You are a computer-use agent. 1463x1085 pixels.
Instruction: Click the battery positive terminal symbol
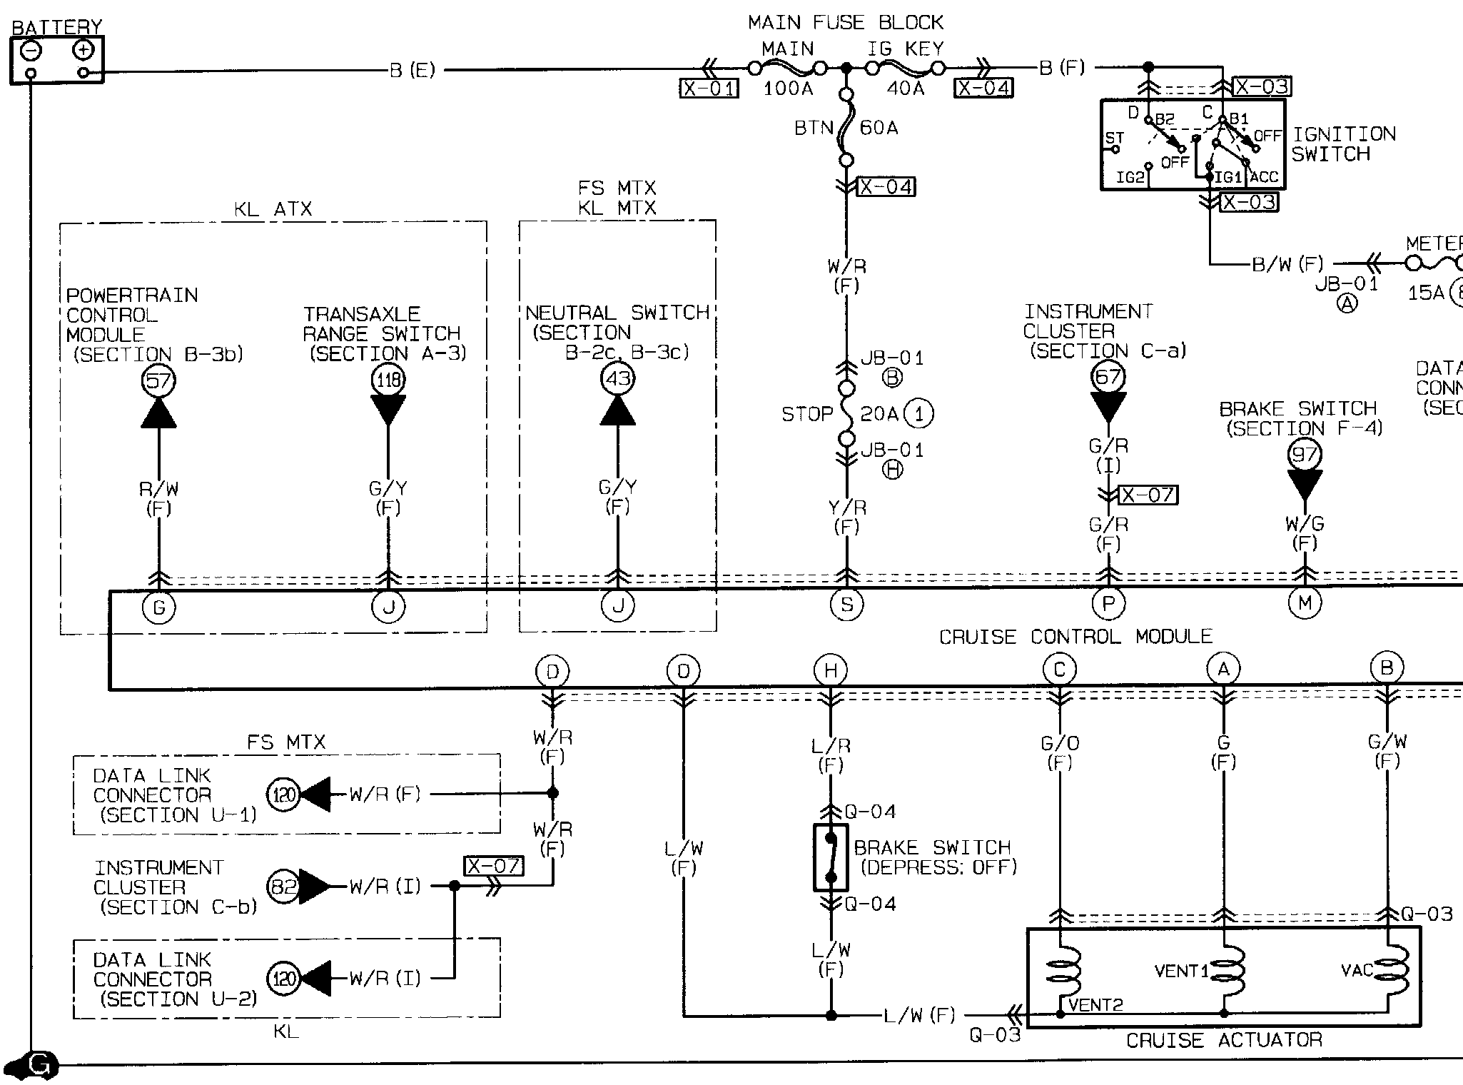click(x=83, y=50)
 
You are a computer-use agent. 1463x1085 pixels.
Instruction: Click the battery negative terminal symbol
click(x=31, y=51)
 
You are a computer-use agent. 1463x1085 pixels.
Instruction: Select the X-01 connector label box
click(x=709, y=88)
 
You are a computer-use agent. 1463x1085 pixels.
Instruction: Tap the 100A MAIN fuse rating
click(x=789, y=89)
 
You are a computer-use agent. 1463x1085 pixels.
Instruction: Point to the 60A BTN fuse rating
click(x=879, y=128)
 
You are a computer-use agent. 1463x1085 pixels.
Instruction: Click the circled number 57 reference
click(x=158, y=380)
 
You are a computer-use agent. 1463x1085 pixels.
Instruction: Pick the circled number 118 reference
click(x=388, y=380)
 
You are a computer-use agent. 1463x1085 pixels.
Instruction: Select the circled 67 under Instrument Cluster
click(x=1108, y=376)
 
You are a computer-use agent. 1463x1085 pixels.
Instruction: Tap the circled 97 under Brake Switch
click(x=1305, y=454)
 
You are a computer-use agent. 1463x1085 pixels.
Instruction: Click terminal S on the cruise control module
click(x=846, y=605)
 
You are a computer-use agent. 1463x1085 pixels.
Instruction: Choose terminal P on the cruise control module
click(x=1108, y=605)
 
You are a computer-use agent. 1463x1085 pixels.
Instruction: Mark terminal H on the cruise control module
click(x=831, y=671)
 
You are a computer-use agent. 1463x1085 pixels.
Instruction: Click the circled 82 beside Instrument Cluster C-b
click(x=283, y=887)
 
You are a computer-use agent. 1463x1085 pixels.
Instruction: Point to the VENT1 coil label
click(x=1181, y=971)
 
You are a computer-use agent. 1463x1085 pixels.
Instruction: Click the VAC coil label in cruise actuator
click(x=1357, y=970)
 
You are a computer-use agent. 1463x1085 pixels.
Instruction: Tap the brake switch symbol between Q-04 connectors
click(x=831, y=858)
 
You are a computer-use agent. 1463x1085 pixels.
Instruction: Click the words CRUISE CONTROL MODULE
click(x=1075, y=637)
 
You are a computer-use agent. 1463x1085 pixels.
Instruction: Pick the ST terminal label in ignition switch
click(x=1114, y=138)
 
